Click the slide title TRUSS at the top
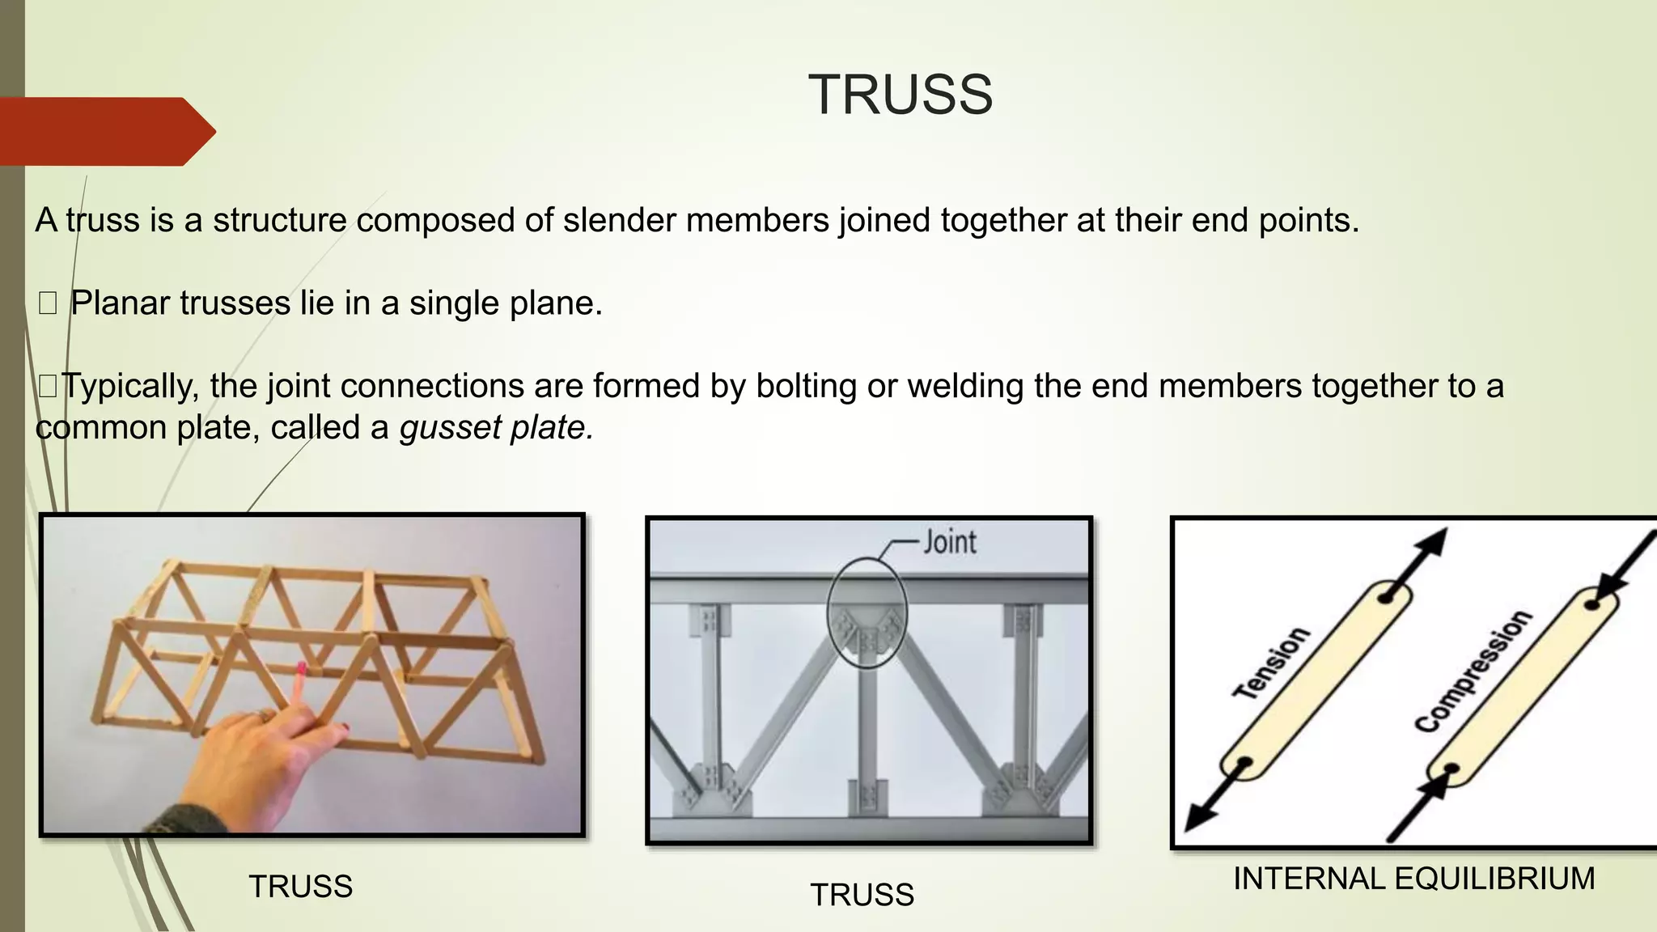pyautogui.click(x=900, y=95)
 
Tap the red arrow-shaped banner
pyautogui.click(x=105, y=131)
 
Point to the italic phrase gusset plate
pyautogui.click(x=496, y=427)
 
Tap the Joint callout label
pyautogui.click(x=950, y=541)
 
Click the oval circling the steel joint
pyautogui.click(x=867, y=612)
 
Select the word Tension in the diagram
pyautogui.click(x=1271, y=663)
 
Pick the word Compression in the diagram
pyautogui.click(x=1473, y=671)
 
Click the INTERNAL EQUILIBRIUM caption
pyautogui.click(x=1413, y=879)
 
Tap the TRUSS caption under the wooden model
pyautogui.click(x=300, y=887)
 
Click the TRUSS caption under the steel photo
pyautogui.click(x=862, y=895)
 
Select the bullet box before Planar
pyautogui.click(x=48, y=304)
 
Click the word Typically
pyautogui.click(x=129, y=387)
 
